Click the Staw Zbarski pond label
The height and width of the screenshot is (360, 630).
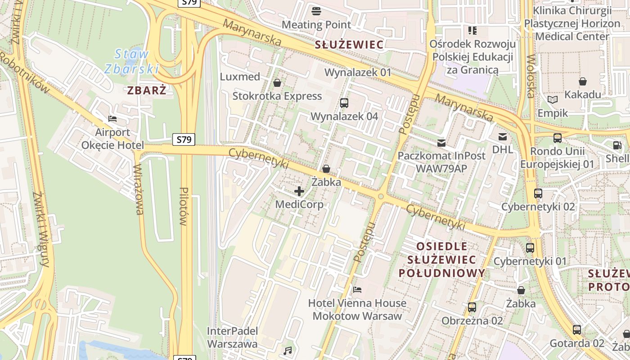[x=131, y=61]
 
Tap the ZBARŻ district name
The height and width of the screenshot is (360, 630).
[x=147, y=90]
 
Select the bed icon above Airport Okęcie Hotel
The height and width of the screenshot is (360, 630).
[x=112, y=119]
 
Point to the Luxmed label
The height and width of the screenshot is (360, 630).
[x=240, y=76]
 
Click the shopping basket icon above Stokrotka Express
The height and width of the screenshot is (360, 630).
[x=277, y=83]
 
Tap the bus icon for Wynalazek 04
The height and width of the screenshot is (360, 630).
[x=344, y=103]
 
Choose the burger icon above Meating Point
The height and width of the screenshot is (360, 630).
[x=316, y=11]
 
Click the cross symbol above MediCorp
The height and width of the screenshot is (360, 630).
[x=299, y=191]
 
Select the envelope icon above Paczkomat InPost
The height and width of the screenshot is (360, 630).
[x=441, y=143]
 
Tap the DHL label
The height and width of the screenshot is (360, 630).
[x=502, y=149]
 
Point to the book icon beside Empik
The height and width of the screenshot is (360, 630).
[x=553, y=100]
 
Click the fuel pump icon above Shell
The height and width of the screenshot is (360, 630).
[x=617, y=145]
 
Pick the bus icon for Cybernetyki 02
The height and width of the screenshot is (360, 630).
[x=538, y=193]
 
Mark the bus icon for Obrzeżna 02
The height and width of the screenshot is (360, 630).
[x=472, y=307]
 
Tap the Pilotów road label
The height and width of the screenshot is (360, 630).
[x=183, y=206]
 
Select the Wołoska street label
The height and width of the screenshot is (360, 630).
[x=531, y=76]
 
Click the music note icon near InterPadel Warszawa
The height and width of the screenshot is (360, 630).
[x=288, y=350]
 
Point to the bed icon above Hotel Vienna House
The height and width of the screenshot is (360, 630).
[x=358, y=289]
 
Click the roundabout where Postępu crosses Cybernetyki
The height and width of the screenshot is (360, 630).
[x=381, y=196]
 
